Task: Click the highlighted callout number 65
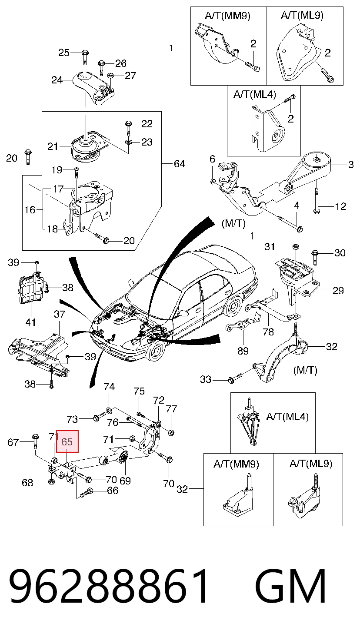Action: tap(67, 442)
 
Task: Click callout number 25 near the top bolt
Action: tap(64, 53)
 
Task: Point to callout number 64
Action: tap(180, 164)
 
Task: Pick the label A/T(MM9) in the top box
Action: tap(228, 16)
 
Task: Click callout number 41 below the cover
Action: tap(30, 322)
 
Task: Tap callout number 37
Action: tap(60, 314)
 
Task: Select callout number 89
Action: tap(243, 351)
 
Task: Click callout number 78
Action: tap(268, 332)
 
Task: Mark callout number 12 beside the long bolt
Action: tap(340, 206)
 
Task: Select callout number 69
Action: tap(125, 481)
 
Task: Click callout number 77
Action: tap(171, 409)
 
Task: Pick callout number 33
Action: tap(206, 379)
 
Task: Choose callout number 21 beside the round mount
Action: tap(53, 146)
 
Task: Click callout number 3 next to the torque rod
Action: tap(351, 165)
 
